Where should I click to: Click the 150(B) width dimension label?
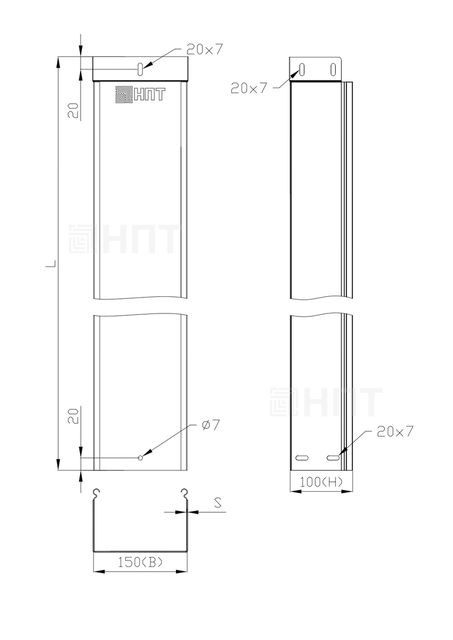(140, 562)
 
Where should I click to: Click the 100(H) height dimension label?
(321, 482)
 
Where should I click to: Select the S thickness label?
(218, 503)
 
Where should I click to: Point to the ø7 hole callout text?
(210, 425)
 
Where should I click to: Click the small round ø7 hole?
(141, 457)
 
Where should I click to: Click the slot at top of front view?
(140, 69)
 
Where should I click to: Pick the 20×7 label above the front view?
(205, 50)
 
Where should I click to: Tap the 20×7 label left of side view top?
(249, 88)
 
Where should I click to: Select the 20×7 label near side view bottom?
(395, 431)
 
